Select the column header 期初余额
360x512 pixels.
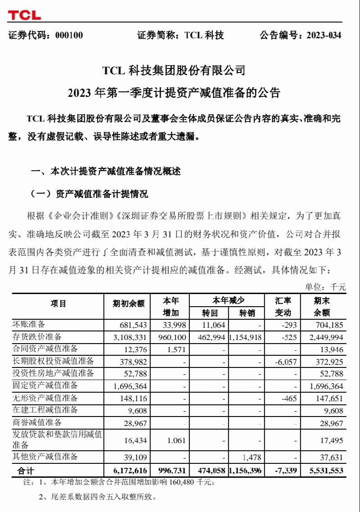128,304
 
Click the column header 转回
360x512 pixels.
209,313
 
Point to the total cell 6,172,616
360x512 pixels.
129,471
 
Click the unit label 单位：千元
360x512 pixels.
325,287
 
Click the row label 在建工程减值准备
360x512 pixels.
45,410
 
